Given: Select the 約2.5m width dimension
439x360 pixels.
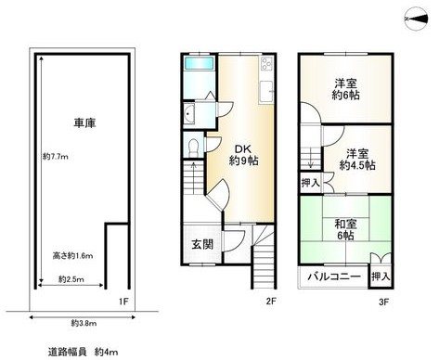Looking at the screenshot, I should tap(72, 278).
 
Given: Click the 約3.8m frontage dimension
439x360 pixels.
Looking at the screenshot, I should tap(84, 323).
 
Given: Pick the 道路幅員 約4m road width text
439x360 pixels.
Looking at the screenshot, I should tap(84, 352).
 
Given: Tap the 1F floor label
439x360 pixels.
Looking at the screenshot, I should tap(124, 301).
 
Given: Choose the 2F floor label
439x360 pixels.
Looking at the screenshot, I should tap(270, 301).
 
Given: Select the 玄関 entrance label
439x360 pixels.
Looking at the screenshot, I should tap(203, 244).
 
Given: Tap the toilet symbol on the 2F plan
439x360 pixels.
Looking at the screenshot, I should tap(191, 148).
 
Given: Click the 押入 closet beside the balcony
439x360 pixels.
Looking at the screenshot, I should tap(381, 276).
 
